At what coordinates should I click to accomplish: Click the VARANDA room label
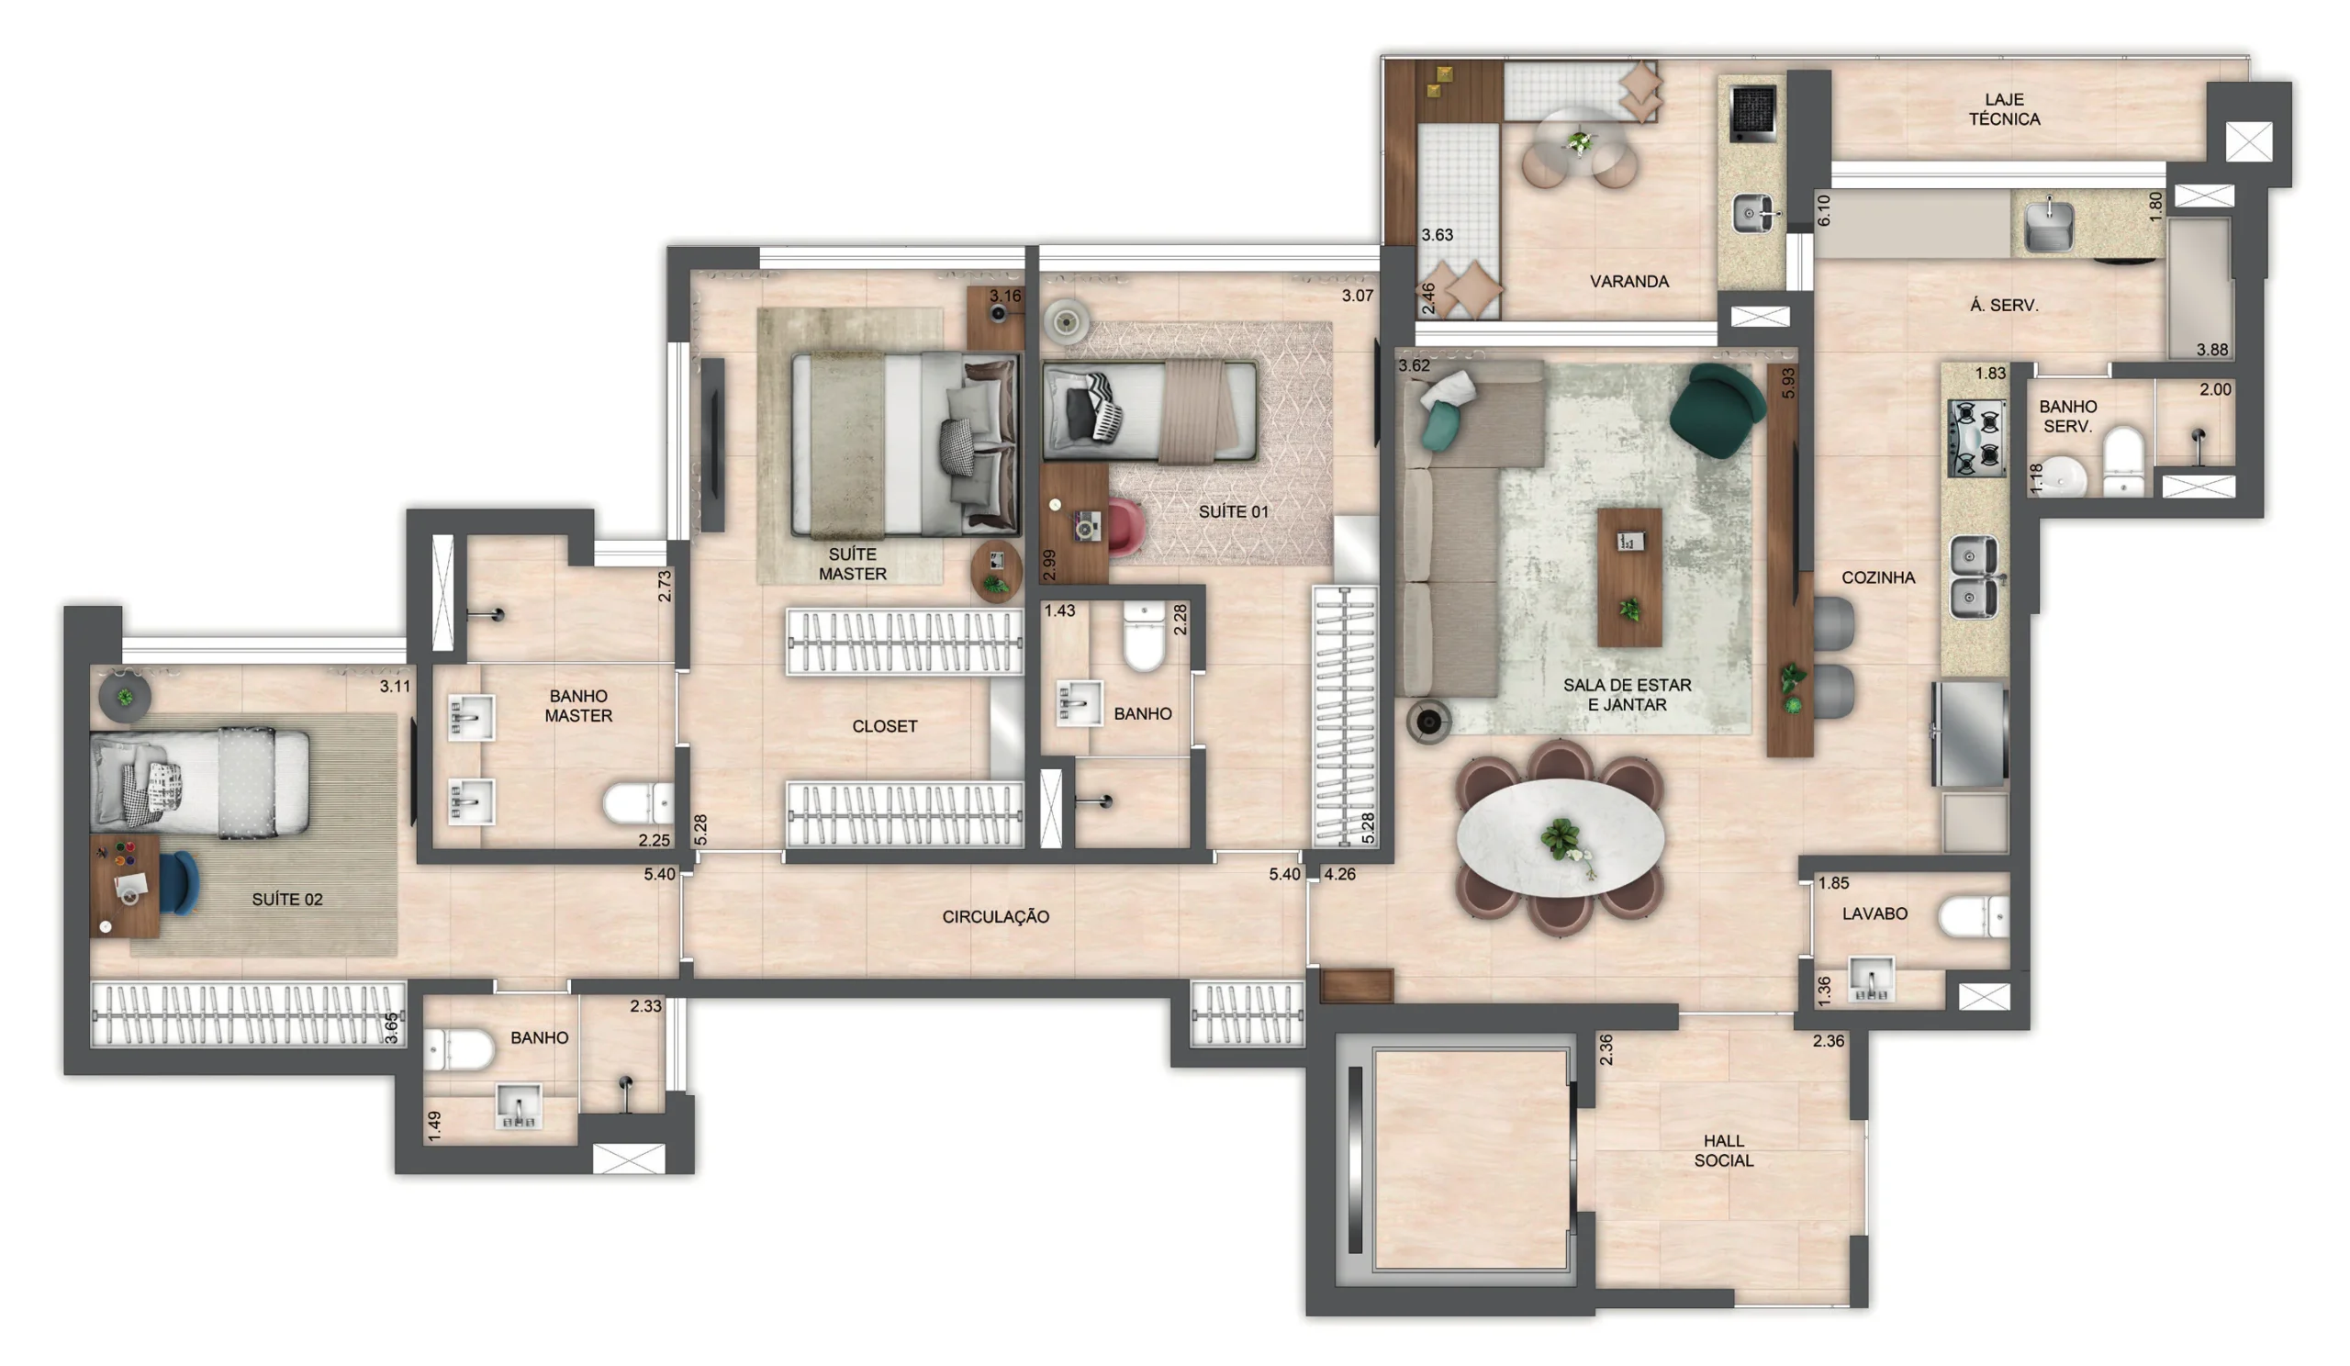pos(1628,281)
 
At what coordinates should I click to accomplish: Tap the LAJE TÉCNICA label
pos(2003,109)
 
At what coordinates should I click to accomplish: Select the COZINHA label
pos(1877,577)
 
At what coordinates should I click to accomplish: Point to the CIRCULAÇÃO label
pos(995,916)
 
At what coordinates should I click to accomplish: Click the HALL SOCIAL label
pos(1722,1149)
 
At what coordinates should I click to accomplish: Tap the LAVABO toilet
pos(1973,915)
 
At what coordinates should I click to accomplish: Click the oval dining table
pos(1560,837)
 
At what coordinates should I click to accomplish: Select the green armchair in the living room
pos(1716,410)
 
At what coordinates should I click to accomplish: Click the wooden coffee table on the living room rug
pos(1628,577)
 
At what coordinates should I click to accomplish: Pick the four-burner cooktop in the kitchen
pos(1975,437)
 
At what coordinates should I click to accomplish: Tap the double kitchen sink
pos(1975,577)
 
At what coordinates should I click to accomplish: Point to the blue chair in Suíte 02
pos(179,882)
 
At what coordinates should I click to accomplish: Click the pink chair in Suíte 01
pos(1125,527)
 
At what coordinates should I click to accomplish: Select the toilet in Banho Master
pos(638,803)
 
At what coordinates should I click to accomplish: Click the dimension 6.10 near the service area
pos(1823,210)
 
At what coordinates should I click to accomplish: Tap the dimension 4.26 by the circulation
pos(1339,874)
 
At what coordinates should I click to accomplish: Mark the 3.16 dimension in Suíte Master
pos(1004,296)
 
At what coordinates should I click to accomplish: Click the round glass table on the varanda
pos(1578,141)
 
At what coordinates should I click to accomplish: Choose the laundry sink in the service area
pos(2048,225)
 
